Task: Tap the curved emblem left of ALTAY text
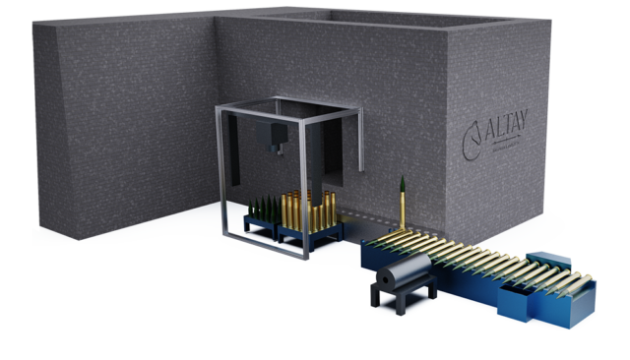472,133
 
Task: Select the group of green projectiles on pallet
264,210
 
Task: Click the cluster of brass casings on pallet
307,210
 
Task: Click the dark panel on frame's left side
233,162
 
